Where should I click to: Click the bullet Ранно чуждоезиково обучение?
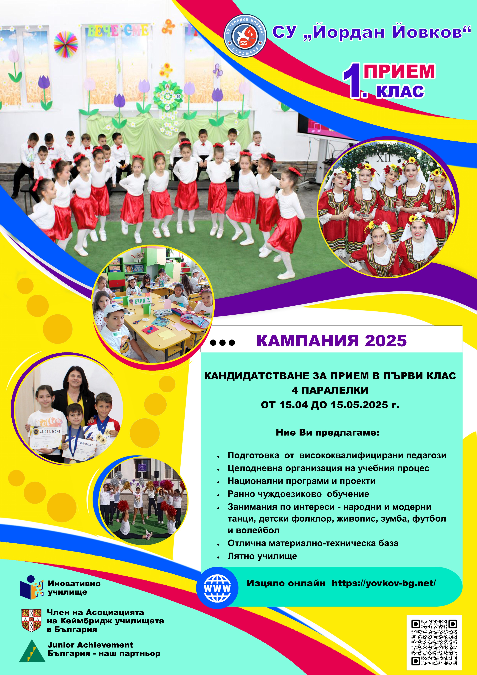298,494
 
